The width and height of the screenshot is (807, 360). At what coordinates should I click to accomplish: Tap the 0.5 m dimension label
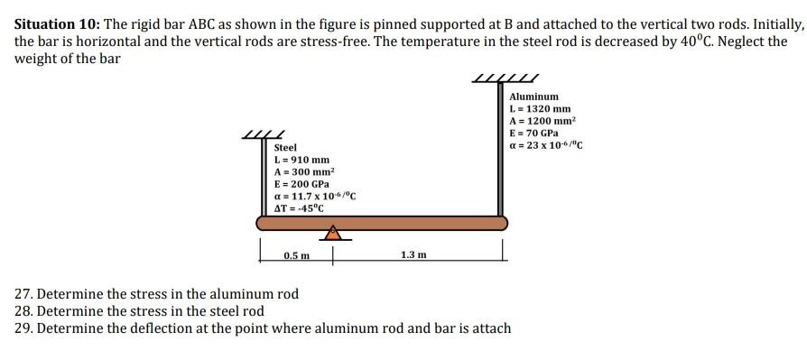click(x=296, y=256)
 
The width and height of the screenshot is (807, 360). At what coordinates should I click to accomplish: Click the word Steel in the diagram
click(x=285, y=147)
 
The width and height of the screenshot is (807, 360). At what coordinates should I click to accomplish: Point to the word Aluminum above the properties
click(x=533, y=97)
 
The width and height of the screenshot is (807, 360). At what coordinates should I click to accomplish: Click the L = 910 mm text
click(x=301, y=160)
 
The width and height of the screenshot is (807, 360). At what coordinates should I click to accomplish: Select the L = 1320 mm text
click(x=540, y=108)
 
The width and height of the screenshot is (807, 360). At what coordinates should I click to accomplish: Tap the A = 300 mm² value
click(x=303, y=171)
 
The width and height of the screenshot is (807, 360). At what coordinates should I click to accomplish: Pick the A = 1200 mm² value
click(x=543, y=120)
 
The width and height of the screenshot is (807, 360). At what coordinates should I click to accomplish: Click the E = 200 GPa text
click(x=301, y=184)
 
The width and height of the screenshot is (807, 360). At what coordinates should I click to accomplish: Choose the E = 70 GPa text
click(x=536, y=132)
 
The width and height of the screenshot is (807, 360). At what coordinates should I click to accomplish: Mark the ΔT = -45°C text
click(x=299, y=208)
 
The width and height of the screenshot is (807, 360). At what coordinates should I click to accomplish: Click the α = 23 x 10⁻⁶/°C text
click(x=546, y=144)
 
